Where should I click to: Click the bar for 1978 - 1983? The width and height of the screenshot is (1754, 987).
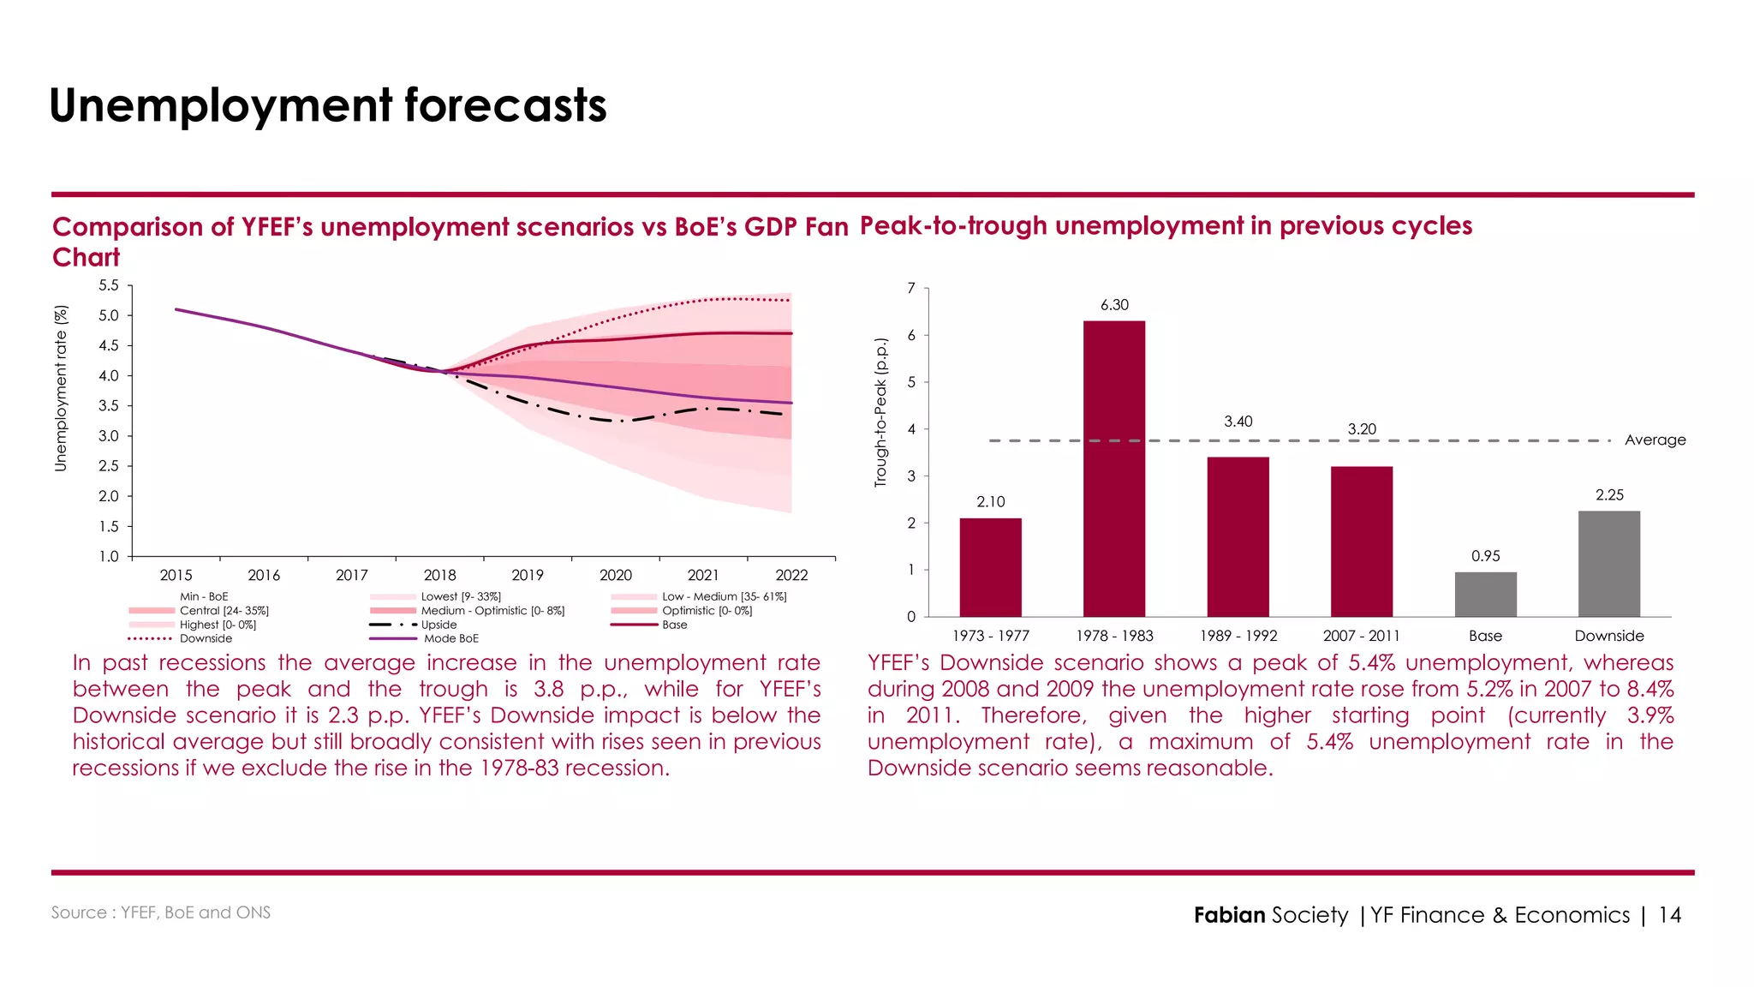point(1113,469)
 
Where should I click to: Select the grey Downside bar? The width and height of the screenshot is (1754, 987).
point(1608,564)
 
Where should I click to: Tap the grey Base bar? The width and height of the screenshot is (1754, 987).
point(1485,594)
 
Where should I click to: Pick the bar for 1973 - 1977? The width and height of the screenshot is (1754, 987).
point(990,567)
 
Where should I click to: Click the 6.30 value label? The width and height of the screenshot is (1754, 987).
point(1114,305)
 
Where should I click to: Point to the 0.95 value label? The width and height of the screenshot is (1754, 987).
point(1485,556)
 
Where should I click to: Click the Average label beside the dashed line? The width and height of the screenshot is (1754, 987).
point(1655,440)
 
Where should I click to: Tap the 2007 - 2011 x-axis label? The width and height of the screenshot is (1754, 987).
point(1361,636)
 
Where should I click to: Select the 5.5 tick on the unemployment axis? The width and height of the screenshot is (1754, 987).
point(109,285)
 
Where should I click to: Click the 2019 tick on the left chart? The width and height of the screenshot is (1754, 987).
point(528,576)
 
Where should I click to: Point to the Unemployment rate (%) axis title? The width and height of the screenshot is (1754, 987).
point(61,388)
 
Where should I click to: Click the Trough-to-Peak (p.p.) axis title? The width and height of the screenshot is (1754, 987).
point(880,413)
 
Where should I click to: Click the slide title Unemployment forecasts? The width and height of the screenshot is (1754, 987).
point(328,105)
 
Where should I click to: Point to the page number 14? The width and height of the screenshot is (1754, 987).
point(1669,915)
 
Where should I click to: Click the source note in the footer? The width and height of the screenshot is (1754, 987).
point(161,912)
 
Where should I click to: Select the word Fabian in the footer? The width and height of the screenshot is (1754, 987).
point(1229,915)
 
